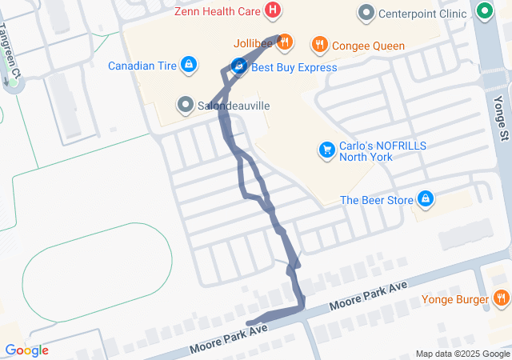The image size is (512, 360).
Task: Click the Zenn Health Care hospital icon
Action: pos(274,10)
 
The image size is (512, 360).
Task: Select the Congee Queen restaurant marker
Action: pos(319,45)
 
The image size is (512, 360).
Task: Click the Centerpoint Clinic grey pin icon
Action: pos(366,13)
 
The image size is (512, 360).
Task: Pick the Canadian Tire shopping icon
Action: pos(188,64)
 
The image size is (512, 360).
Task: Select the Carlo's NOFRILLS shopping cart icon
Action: pos(326,150)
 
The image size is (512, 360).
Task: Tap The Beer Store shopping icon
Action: pos(425,199)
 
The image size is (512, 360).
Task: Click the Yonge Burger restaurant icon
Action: pos(501,299)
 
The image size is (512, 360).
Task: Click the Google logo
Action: pos(26,350)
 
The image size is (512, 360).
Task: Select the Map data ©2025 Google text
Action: pos(462,354)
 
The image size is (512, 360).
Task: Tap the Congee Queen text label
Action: pos(368,46)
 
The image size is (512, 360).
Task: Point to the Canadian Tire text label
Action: pos(142,65)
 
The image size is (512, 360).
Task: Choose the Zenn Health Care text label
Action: pos(218,11)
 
